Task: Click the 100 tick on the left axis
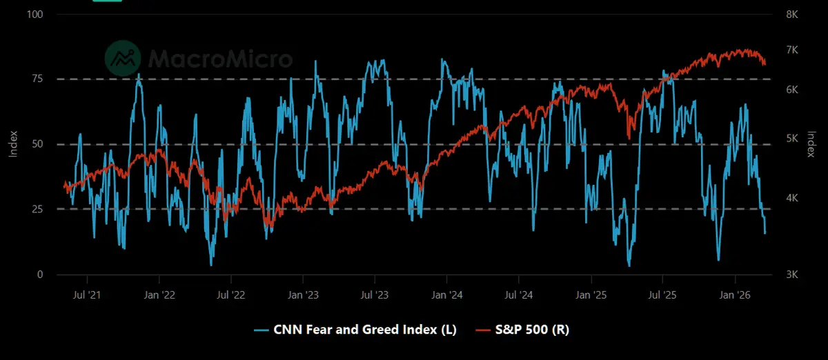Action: click(34, 14)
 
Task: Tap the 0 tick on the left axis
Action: click(40, 274)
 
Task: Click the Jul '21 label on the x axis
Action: click(88, 295)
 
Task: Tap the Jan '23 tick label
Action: click(303, 295)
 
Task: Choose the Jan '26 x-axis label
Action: click(735, 295)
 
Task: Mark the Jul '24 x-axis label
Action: click(519, 295)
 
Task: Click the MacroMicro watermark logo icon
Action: click(123, 59)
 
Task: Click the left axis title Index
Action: click(13, 144)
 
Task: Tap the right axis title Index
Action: click(812, 144)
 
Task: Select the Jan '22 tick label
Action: click(159, 295)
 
